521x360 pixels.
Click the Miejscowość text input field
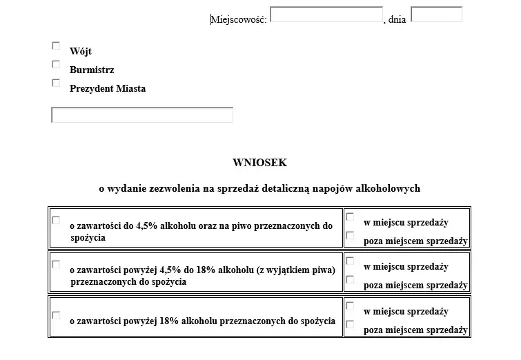tap(326, 15)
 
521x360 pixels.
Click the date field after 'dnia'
tap(436, 14)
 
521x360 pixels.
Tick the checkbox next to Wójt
tap(56, 46)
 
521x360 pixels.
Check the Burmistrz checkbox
tap(56, 64)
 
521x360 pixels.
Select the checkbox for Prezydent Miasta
tap(56, 83)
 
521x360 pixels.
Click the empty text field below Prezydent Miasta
tap(142, 115)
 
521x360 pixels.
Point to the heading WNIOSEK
tap(259, 163)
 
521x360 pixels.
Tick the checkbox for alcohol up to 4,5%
tap(56, 220)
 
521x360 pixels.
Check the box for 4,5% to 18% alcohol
tap(56, 264)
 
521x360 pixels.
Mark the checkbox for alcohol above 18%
tap(56, 315)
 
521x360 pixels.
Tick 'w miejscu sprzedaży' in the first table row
tap(350, 217)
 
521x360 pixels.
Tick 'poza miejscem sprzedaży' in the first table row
tap(350, 235)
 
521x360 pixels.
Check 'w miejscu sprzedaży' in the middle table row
tap(350, 261)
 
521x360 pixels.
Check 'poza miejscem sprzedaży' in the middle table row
tap(350, 279)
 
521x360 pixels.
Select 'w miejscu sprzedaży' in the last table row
tap(350, 306)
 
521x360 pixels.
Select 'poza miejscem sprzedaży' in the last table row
tap(350, 324)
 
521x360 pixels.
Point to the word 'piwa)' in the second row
tap(323, 270)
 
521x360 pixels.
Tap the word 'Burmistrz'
tap(92, 70)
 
